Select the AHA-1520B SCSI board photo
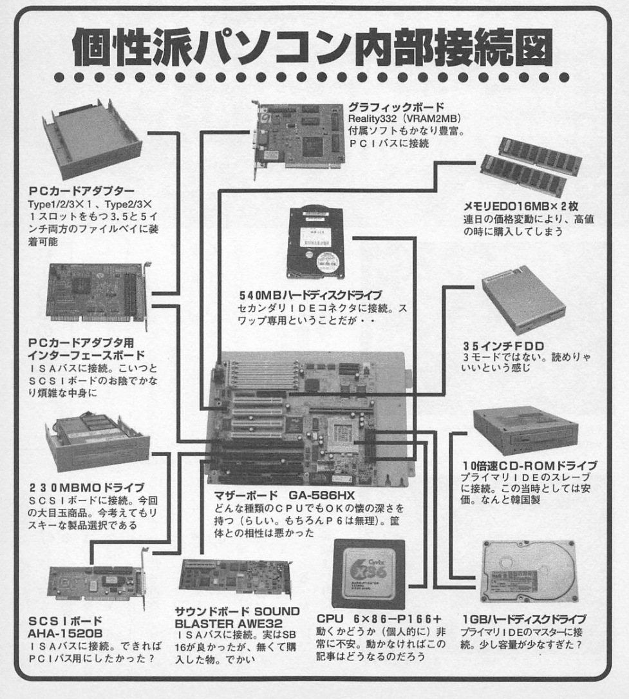98,579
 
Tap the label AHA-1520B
65,633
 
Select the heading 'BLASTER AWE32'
228,623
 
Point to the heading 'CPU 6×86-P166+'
379,618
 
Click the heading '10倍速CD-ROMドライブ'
529,466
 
